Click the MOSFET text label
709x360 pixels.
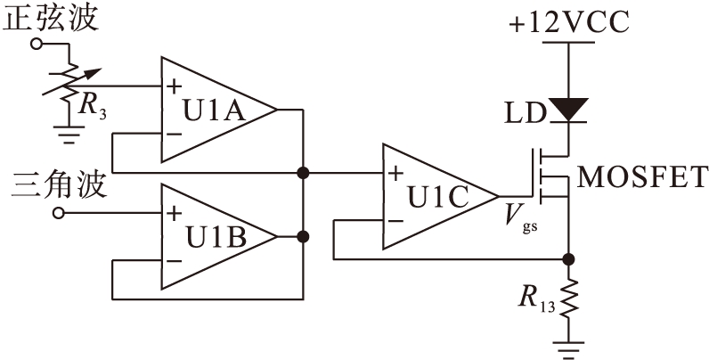[x=643, y=176]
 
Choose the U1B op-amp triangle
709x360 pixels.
[x=214, y=236]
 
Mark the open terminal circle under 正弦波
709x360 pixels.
[x=36, y=43]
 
